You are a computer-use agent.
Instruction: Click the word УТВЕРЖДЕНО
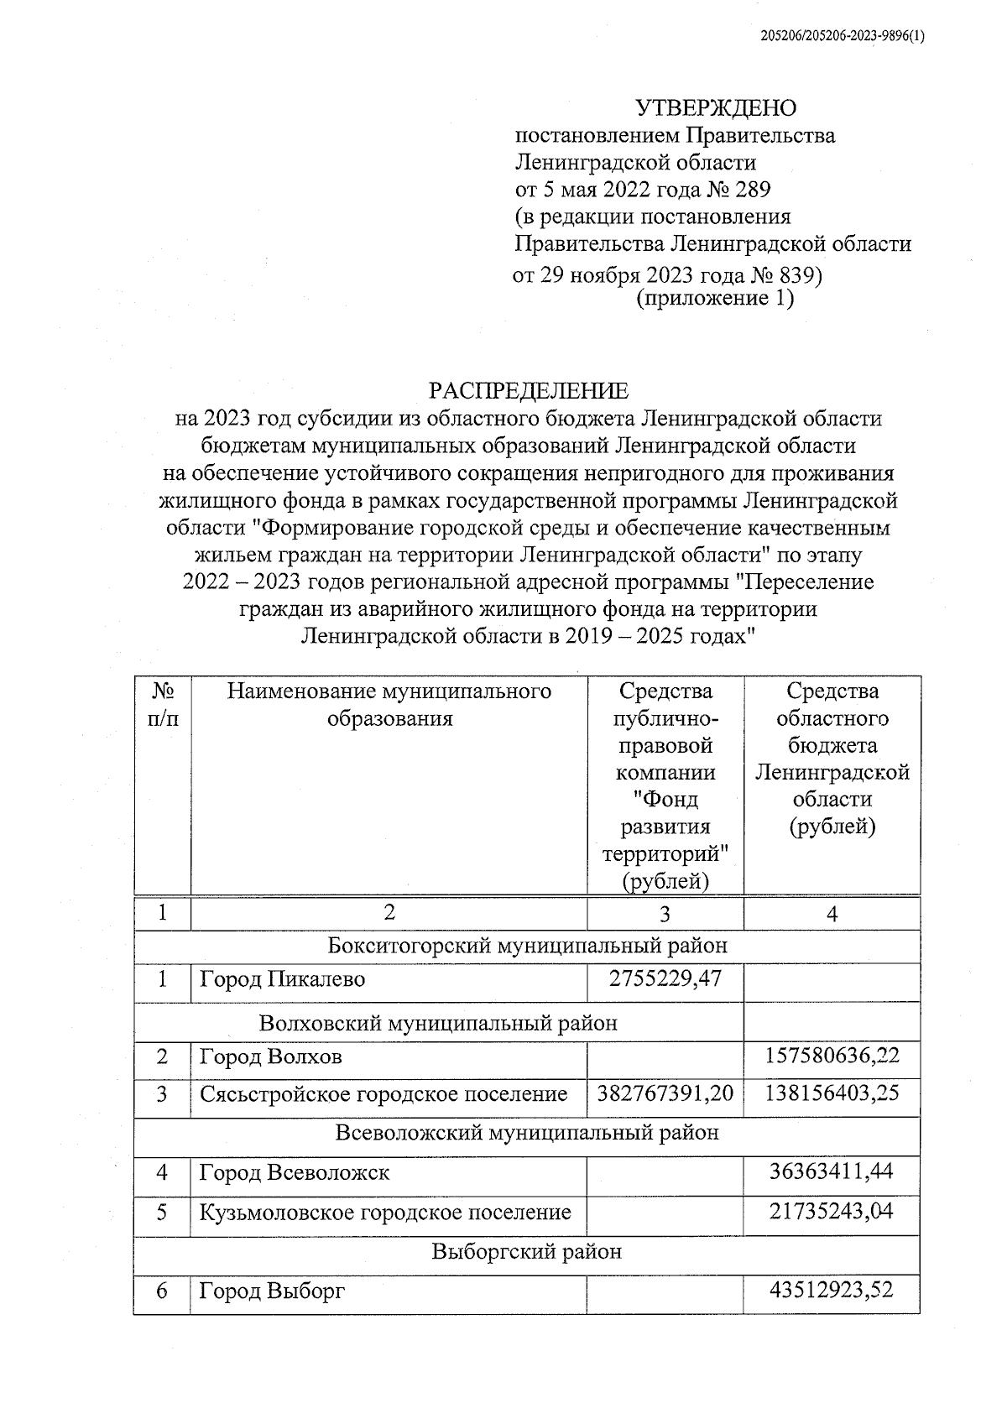click(x=715, y=108)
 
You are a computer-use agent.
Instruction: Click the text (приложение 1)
click(x=715, y=299)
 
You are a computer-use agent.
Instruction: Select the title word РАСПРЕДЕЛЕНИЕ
click(x=528, y=390)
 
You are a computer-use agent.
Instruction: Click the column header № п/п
click(x=163, y=705)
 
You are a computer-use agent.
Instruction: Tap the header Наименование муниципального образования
click(x=389, y=705)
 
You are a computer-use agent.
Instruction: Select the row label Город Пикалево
click(x=282, y=979)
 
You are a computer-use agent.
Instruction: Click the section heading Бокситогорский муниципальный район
click(x=527, y=946)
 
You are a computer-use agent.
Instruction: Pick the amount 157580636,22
click(x=832, y=1055)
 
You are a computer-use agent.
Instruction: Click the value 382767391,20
click(x=665, y=1093)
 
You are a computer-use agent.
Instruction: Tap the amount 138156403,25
click(x=832, y=1093)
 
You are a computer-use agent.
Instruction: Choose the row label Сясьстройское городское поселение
click(x=383, y=1094)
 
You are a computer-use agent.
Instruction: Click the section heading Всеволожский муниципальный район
click(x=527, y=1133)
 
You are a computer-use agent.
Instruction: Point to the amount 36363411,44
click(x=832, y=1171)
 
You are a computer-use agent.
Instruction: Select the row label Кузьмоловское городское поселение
click(x=385, y=1212)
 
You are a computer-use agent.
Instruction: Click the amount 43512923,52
click(x=832, y=1288)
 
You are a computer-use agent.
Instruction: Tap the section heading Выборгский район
click(x=527, y=1251)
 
